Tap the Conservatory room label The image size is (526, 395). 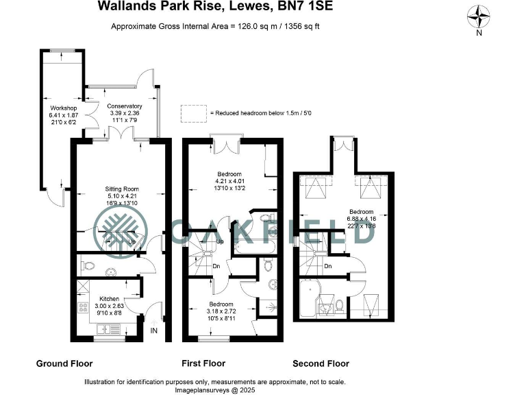point(125,106)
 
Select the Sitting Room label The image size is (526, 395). point(121,188)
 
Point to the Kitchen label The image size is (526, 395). point(110,300)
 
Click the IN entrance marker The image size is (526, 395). point(153,330)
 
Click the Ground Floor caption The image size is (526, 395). point(64,363)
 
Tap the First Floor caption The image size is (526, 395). point(204,363)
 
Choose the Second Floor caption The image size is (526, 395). point(321,363)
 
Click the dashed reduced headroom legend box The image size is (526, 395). point(193,112)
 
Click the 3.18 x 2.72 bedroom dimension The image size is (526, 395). point(221,311)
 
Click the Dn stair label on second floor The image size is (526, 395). point(328,266)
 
